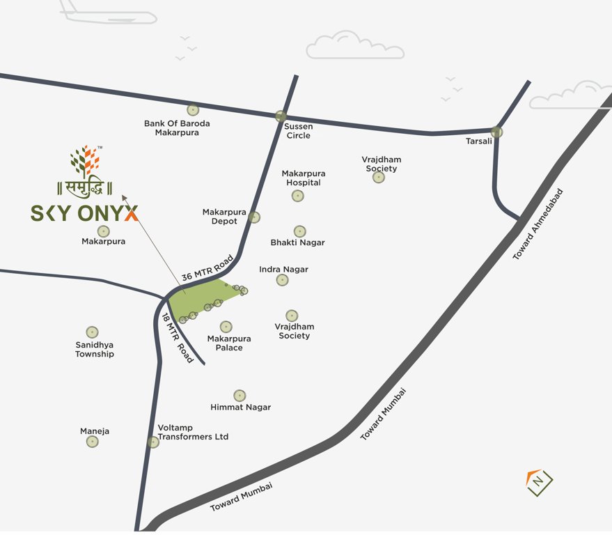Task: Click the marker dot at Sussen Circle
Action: [x=281, y=116]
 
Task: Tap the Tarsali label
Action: [x=478, y=141]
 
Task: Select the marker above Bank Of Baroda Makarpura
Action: [x=192, y=110]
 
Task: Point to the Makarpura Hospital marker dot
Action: [x=297, y=196]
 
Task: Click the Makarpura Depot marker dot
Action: [x=254, y=217]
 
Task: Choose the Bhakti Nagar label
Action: [x=297, y=243]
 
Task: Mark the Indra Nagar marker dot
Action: [x=282, y=280]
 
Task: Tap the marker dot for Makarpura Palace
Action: [x=226, y=327]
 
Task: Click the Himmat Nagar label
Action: [x=240, y=408]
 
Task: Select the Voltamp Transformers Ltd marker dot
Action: [x=153, y=442]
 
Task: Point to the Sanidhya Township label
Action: [x=95, y=349]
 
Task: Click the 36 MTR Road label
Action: [x=207, y=267]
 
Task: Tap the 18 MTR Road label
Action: [x=177, y=338]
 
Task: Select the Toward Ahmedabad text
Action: [x=538, y=224]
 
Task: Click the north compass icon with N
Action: [x=539, y=481]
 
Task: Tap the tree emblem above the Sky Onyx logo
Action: [x=85, y=161]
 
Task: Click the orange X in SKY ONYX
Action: [x=131, y=213]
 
